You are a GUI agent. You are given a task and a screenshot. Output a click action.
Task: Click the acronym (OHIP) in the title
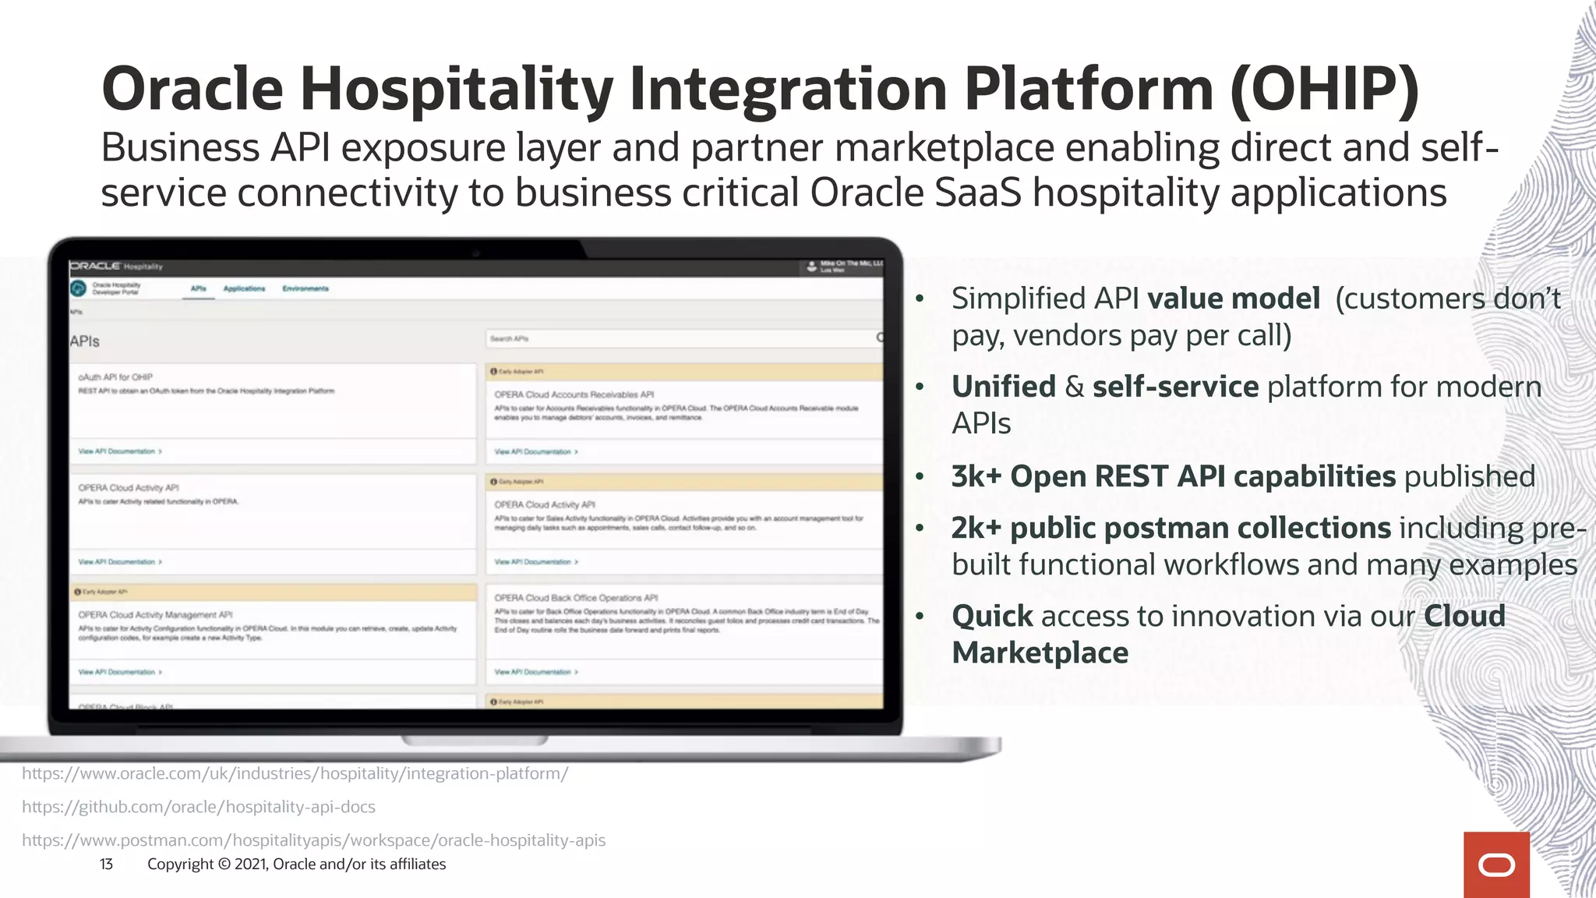(x=1325, y=90)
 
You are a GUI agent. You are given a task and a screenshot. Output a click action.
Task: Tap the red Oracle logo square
(x=1496, y=864)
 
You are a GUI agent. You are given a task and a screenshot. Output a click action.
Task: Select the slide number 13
(x=106, y=864)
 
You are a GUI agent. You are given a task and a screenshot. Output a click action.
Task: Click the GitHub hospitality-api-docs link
(x=199, y=807)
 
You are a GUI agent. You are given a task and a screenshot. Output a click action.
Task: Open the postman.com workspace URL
(x=313, y=840)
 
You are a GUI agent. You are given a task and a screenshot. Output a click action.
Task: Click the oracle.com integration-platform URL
(x=295, y=773)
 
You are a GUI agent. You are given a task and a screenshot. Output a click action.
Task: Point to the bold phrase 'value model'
(x=1234, y=299)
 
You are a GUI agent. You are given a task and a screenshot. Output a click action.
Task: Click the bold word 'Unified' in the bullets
(x=1004, y=387)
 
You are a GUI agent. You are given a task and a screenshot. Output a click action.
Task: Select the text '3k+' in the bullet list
(x=976, y=476)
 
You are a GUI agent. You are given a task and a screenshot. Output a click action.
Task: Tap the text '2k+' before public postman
(x=976, y=528)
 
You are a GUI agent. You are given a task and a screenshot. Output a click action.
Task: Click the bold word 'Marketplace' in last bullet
(x=1040, y=652)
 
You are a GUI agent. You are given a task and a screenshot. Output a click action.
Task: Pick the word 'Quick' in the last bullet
(x=992, y=616)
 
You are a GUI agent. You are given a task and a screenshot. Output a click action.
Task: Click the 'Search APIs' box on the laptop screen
(x=682, y=338)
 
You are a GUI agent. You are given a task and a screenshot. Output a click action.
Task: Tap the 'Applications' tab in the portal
(x=244, y=288)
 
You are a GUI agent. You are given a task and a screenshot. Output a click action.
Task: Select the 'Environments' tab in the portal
(x=305, y=288)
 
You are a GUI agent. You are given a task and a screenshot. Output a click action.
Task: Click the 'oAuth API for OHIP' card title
(x=115, y=377)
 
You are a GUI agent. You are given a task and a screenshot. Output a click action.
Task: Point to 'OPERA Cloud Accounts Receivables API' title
(x=574, y=394)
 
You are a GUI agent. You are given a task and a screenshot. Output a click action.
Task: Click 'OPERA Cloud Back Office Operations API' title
(x=576, y=598)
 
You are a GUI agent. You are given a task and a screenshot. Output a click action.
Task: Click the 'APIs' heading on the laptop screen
(x=84, y=341)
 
